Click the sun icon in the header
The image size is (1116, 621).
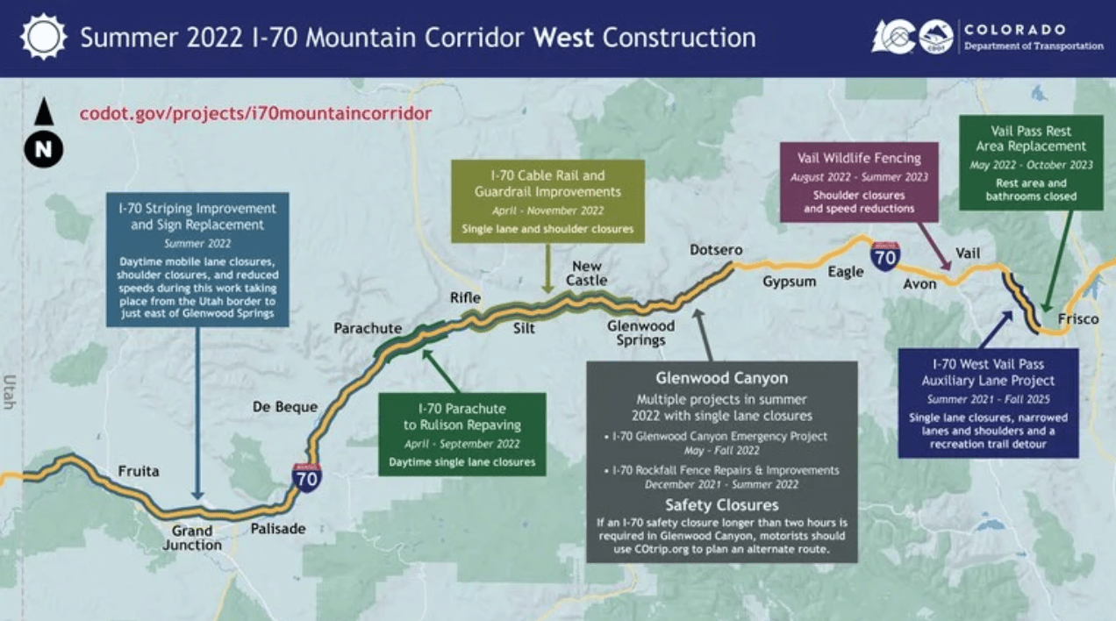[43, 38]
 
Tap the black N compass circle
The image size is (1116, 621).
[44, 149]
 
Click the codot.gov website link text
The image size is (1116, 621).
[255, 113]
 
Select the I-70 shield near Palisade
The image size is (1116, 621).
[306, 478]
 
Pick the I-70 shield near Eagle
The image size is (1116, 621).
[885, 256]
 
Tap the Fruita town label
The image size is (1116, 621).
[139, 471]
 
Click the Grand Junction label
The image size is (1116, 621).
[192, 538]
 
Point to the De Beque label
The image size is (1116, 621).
[285, 407]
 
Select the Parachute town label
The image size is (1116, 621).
[368, 328]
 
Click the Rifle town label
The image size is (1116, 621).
[465, 298]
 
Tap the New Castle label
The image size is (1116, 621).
[586, 274]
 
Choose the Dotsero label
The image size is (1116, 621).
[716, 250]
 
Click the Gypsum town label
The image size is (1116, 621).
[789, 282]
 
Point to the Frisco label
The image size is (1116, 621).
[1078, 318]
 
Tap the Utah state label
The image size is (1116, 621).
[10, 392]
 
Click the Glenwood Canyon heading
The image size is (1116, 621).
[722, 378]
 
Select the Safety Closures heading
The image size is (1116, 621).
[722, 505]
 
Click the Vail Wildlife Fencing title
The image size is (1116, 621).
[859, 159]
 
